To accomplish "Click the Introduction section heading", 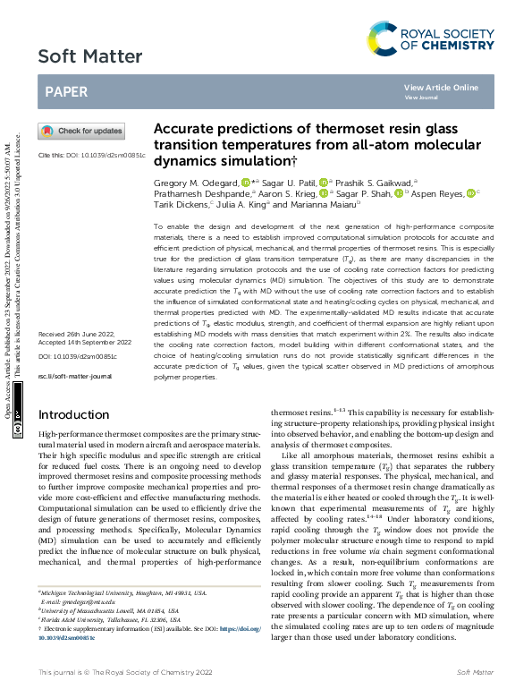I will point(81,414).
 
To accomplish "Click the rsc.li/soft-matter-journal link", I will point(74,403).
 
